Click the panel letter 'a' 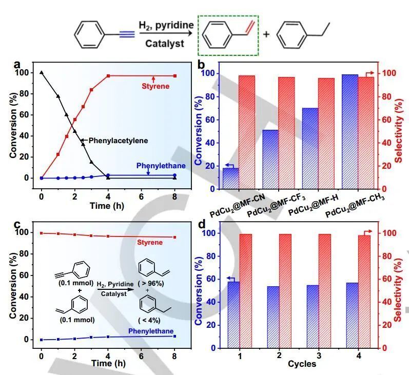click(x=17, y=65)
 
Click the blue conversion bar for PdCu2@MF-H click(x=310, y=148)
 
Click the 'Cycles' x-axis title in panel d click(x=301, y=364)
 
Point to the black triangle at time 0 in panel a click(x=42, y=73)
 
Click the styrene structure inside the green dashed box click(x=228, y=35)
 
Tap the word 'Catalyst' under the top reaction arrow click(x=164, y=44)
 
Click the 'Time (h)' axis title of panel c click(x=108, y=363)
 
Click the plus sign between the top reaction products click(x=266, y=34)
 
